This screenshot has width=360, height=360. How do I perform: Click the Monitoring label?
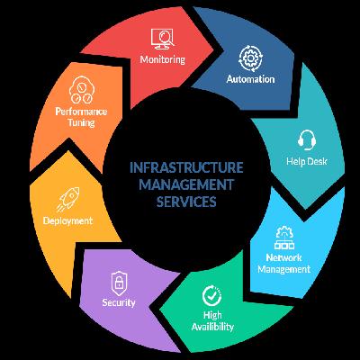(163, 59)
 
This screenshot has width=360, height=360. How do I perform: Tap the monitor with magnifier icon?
(162, 39)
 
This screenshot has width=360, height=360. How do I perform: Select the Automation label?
(250, 79)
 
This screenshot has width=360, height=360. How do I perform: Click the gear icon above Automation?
(250, 58)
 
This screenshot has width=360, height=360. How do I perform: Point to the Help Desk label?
(306, 161)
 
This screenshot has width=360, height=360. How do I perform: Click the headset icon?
(307, 139)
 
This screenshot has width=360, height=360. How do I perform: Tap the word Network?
(283, 257)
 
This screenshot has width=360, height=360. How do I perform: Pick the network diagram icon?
(284, 238)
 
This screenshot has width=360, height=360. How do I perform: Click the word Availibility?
(212, 327)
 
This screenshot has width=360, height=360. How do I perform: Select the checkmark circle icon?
(211, 296)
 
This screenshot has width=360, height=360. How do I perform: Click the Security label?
(119, 302)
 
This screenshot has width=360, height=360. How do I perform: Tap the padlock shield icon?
(119, 283)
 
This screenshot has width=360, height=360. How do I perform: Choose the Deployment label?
(67, 221)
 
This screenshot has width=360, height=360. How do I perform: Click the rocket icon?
(68, 199)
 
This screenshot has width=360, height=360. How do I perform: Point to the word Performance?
(81, 112)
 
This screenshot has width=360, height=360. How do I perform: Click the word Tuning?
(81, 122)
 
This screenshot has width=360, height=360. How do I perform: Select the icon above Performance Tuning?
(82, 90)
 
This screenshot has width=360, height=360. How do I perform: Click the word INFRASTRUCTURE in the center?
(186, 167)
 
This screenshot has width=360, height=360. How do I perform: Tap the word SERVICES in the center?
(186, 202)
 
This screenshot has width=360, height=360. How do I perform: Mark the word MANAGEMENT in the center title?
(186, 184)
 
